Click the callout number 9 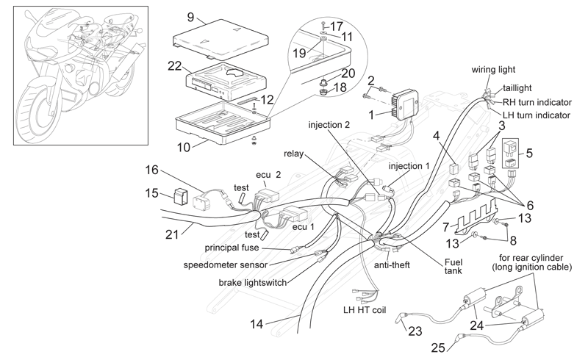tap(191, 17)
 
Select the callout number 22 tap(175, 66)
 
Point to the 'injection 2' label tap(329, 124)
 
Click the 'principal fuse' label tap(232, 248)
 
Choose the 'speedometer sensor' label tap(226, 265)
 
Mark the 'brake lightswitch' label tap(253, 282)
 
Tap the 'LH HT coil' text tap(365, 310)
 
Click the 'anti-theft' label tap(392, 265)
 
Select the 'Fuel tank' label tap(453, 266)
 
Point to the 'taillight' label tap(517, 88)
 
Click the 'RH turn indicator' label tap(537, 102)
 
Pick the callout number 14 tap(257, 324)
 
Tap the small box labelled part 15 tap(181, 196)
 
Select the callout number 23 tap(415, 331)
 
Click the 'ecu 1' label tap(303, 227)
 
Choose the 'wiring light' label tap(493, 70)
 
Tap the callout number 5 tap(529, 153)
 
